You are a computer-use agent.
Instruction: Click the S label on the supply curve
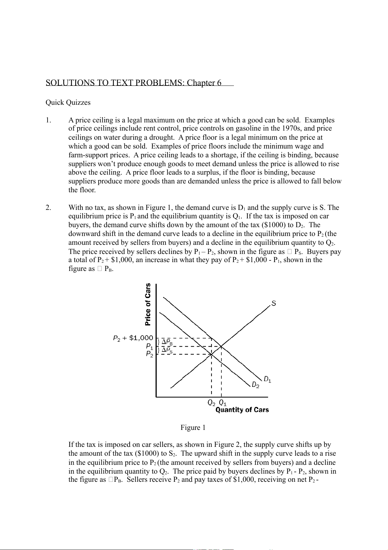click(x=274, y=304)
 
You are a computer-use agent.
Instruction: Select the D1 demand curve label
click(x=267, y=379)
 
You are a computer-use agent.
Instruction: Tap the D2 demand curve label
click(x=256, y=385)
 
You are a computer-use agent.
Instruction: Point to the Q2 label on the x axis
click(x=211, y=403)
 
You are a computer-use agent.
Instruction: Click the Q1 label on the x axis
click(x=223, y=403)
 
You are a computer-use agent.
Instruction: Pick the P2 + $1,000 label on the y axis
click(x=133, y=338)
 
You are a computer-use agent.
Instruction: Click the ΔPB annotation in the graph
click(x=167, y=342)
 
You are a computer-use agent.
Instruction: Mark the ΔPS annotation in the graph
click(x=167, y=350)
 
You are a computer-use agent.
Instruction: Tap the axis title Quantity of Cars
click(x=242, y=410)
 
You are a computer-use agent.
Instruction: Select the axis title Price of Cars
click(x=148, y=304)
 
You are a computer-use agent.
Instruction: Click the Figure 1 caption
click(x=193, y=428)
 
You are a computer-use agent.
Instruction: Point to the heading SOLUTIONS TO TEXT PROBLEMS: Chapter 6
click(x=134, y=83)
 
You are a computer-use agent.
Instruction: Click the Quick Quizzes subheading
click(x=68, y=102)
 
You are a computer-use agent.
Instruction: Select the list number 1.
click(x=48, y=120)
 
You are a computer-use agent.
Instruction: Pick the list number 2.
click(x=48, y=208)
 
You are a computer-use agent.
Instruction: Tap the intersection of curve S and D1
click(x=221, y=346)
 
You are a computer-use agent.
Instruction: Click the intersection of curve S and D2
click(x=211, y=354)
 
